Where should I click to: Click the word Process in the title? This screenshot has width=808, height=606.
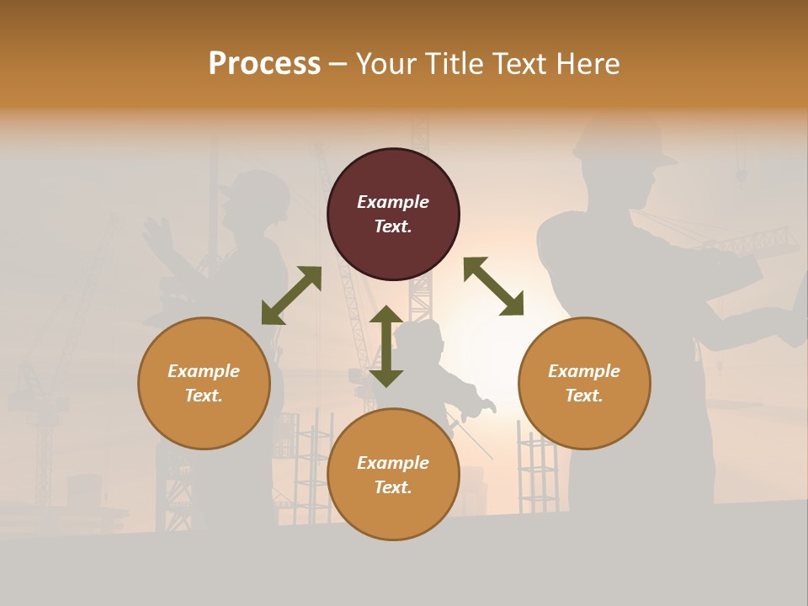coord(264,64)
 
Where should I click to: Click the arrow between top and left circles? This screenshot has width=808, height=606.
coord(291,295)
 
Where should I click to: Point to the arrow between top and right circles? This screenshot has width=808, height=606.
coord(493,286)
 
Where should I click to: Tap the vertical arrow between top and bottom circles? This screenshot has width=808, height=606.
coord(386,346)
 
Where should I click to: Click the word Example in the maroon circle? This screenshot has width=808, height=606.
coord(393,202)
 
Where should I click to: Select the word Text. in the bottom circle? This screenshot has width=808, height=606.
coord(393,487)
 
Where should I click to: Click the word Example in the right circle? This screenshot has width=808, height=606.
coord(584,371)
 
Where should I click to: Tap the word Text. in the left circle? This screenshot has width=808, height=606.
coord(204,396)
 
